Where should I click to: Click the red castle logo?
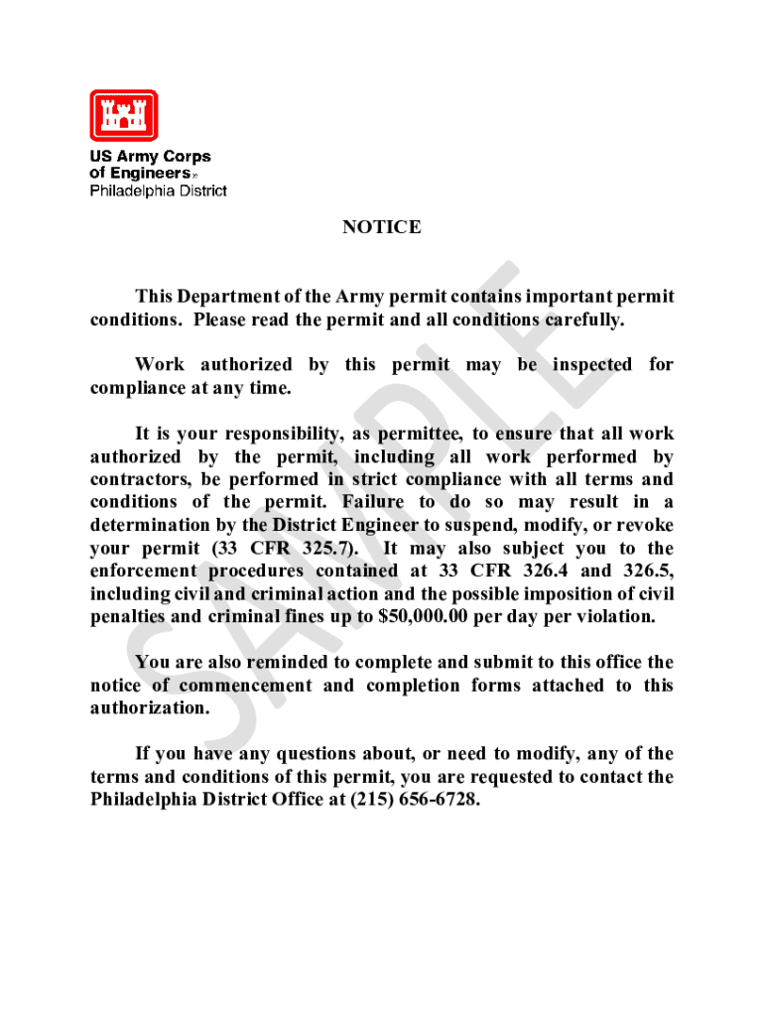click(124, 115)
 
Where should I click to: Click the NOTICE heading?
click(382, 227)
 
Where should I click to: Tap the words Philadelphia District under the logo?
click(159, 190)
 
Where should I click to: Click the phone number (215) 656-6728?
click(416, 799)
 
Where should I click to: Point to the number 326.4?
click(542, 571)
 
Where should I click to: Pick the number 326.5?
click(647, 571)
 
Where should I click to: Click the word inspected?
click(592, 365)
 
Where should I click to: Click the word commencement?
click(265, 685)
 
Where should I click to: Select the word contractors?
click(140, 479)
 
